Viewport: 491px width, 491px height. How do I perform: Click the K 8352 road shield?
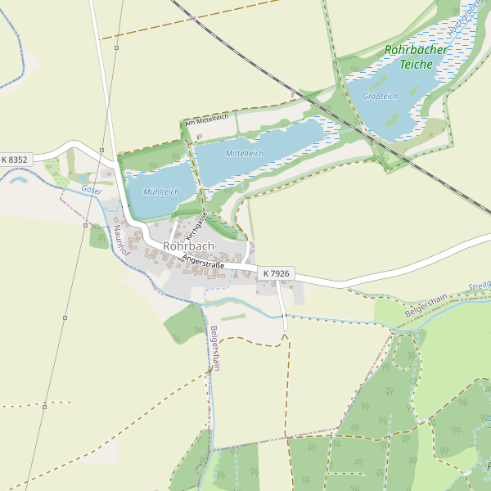coord(15,160)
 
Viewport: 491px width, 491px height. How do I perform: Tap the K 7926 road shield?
coord(276,273)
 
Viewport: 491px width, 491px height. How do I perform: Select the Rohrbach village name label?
coord(188,245)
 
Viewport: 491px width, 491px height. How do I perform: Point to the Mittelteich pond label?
coord(245,153)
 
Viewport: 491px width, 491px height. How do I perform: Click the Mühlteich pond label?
coord(160,191)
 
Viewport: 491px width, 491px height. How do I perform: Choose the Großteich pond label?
coord(380,96)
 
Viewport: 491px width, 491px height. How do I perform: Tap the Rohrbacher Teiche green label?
coord(417,56)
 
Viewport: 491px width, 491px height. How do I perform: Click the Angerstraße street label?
coord(203,262)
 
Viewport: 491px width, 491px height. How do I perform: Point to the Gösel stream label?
coord(91,190)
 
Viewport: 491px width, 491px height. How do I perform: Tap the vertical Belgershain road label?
coord(214,348)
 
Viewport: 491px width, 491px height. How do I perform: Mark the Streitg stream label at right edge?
coord(479,286)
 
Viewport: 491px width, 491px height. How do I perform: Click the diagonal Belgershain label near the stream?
coord(426,305)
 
